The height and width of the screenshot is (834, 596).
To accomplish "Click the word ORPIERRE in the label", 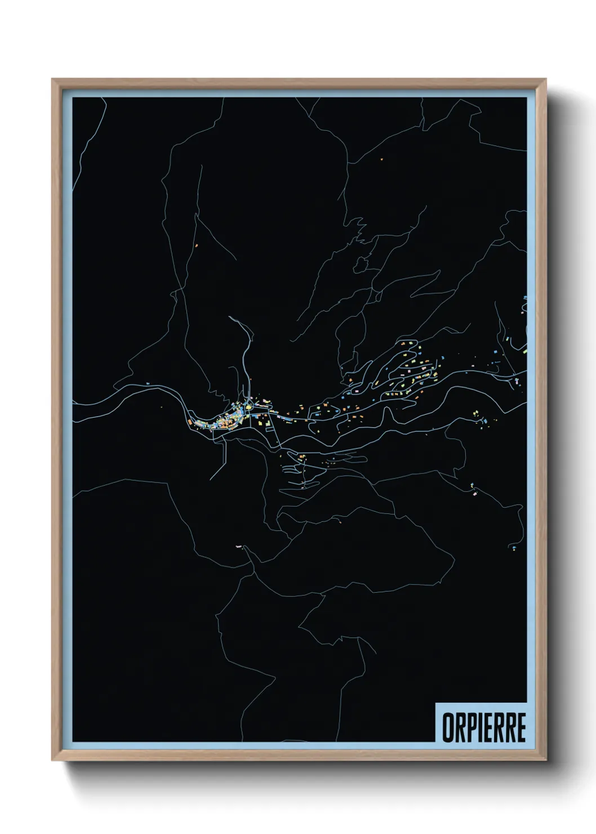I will [483, 727].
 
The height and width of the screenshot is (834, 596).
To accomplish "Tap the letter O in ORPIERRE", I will [447, 727].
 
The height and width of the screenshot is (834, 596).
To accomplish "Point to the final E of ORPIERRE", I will [521, 727].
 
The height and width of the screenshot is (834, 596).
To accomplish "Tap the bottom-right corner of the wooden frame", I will [545, 760].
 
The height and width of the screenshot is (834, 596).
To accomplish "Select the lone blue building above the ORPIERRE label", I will [514, 547].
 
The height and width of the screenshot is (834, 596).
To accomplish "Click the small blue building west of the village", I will [146, 383].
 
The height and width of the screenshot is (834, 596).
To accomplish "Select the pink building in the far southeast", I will [475, 493].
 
